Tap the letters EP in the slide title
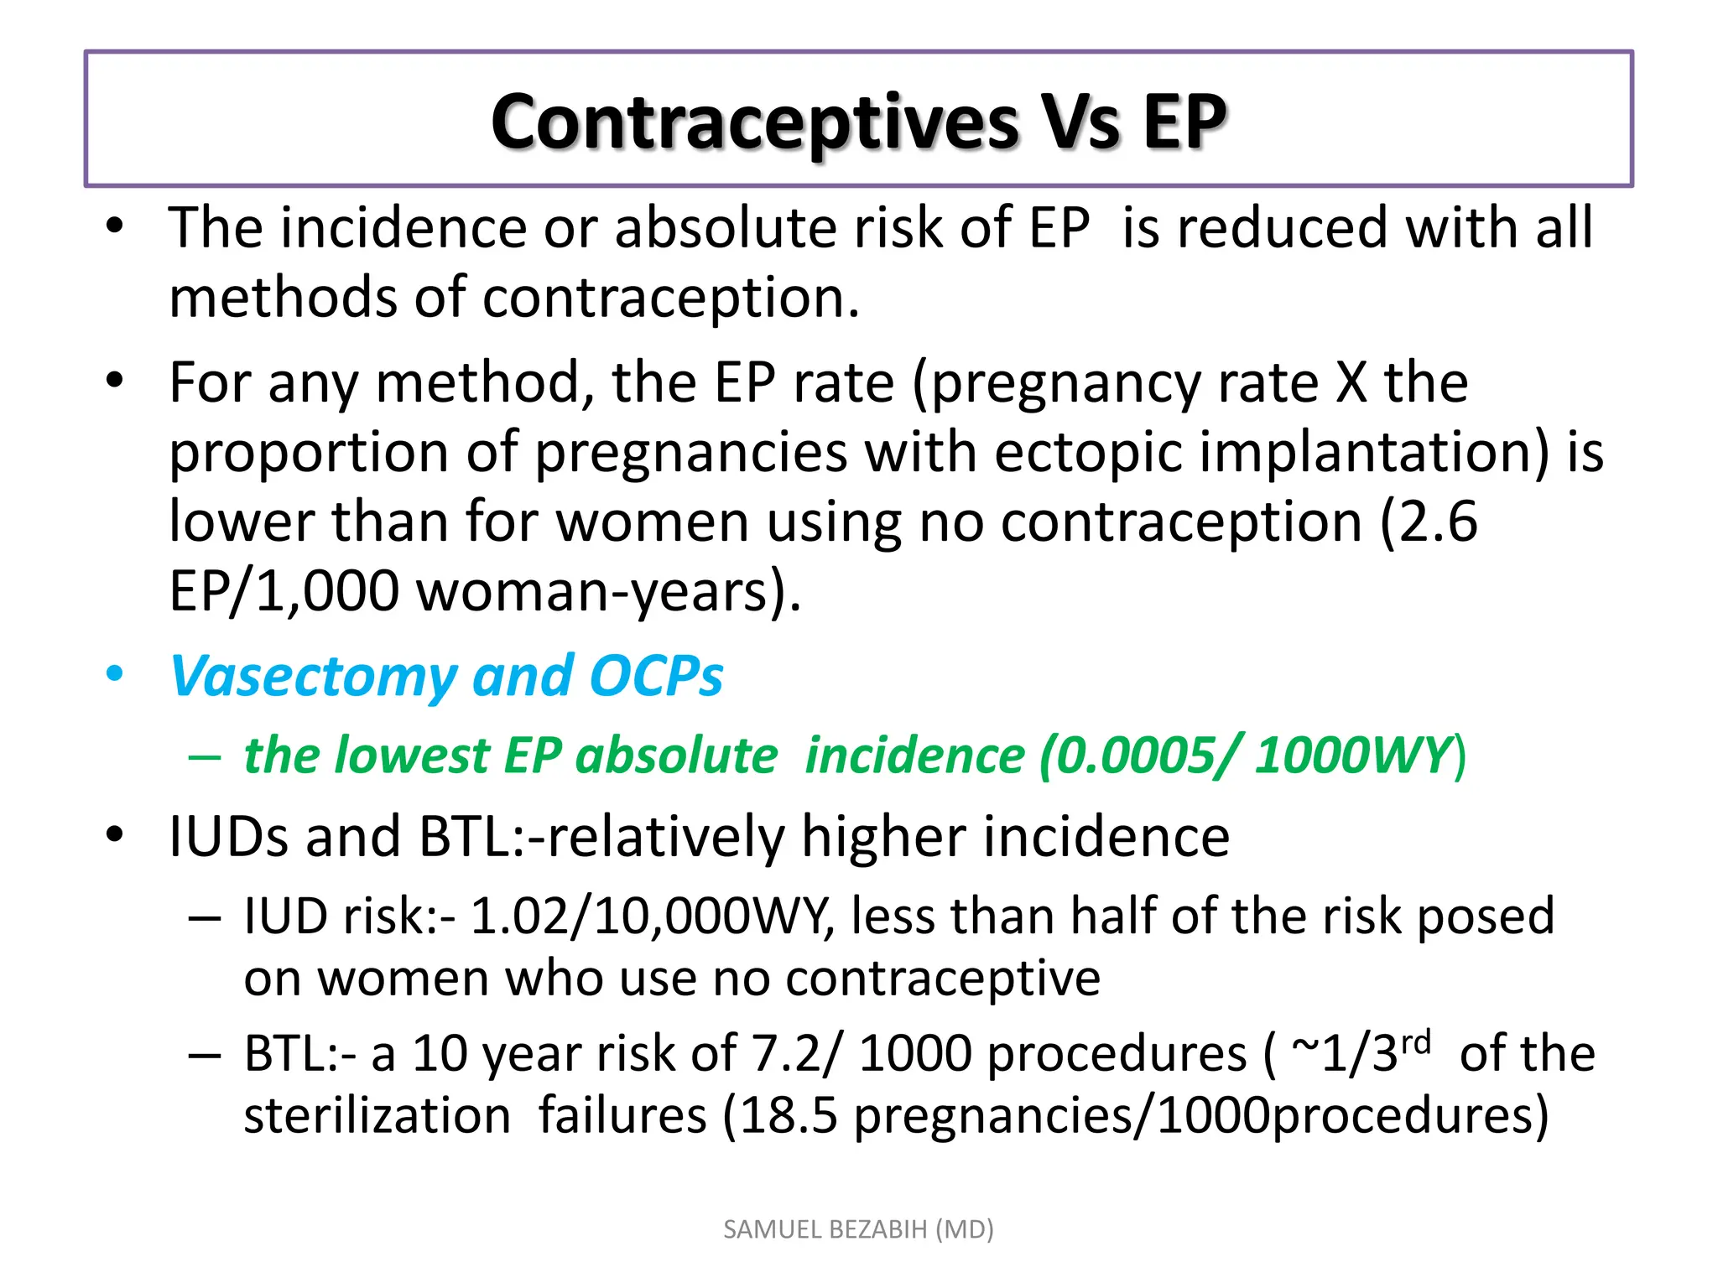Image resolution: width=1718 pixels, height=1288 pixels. tap(1183, 123)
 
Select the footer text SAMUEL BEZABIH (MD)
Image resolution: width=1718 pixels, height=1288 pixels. tap(858, 1229)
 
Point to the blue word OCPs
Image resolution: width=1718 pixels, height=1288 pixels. tap(655, 676)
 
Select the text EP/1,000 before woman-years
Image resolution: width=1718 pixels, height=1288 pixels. tap(284, 591)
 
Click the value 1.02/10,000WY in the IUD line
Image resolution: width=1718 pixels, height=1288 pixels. tap(652, 916)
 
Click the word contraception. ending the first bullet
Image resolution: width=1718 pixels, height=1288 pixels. tap(671, 299)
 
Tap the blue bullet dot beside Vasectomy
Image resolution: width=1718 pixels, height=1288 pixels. tap(115, 674)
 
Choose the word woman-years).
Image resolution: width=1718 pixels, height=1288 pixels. tap(609, 591)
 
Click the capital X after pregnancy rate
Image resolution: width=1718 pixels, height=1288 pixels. tap(1351, 382)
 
